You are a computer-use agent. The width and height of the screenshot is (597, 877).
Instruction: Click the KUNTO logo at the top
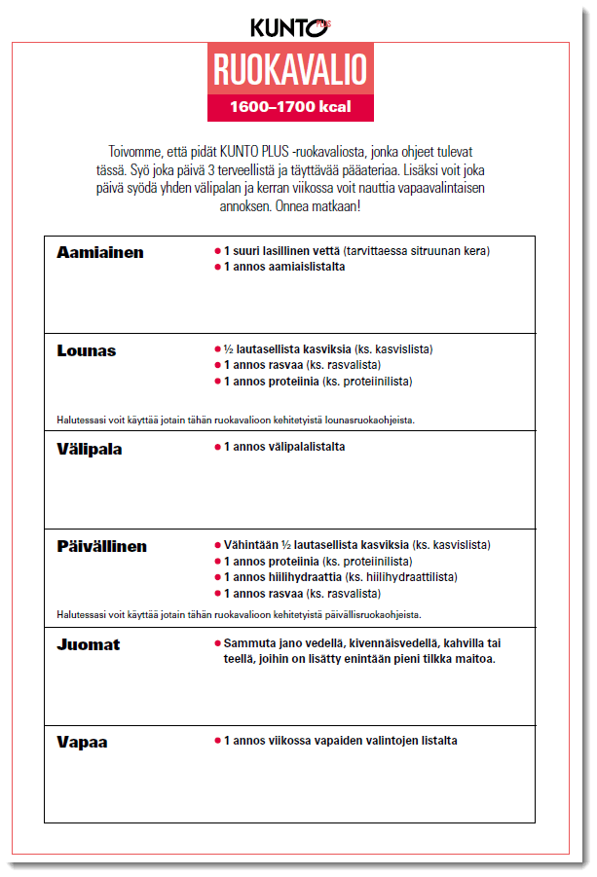point(289,27)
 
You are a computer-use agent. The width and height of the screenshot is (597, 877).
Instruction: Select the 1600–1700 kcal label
point(290,106)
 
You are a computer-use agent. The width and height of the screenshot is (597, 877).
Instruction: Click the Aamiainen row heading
point(100,252)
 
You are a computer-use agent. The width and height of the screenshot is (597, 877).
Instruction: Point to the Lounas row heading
point(86,350)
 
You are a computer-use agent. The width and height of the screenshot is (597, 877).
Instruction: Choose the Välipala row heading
point(90,450)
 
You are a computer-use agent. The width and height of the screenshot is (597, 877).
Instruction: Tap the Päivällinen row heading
point(102,546)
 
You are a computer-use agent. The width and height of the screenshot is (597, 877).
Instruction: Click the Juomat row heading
point(89,644)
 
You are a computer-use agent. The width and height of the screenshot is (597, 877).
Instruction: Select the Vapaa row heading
point(82,742)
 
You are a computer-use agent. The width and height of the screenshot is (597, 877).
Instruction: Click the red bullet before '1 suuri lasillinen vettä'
point(217,251)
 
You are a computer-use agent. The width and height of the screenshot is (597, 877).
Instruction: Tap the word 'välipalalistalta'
point(303,447)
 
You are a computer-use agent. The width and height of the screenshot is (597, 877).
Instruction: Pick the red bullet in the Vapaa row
point(217,741)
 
